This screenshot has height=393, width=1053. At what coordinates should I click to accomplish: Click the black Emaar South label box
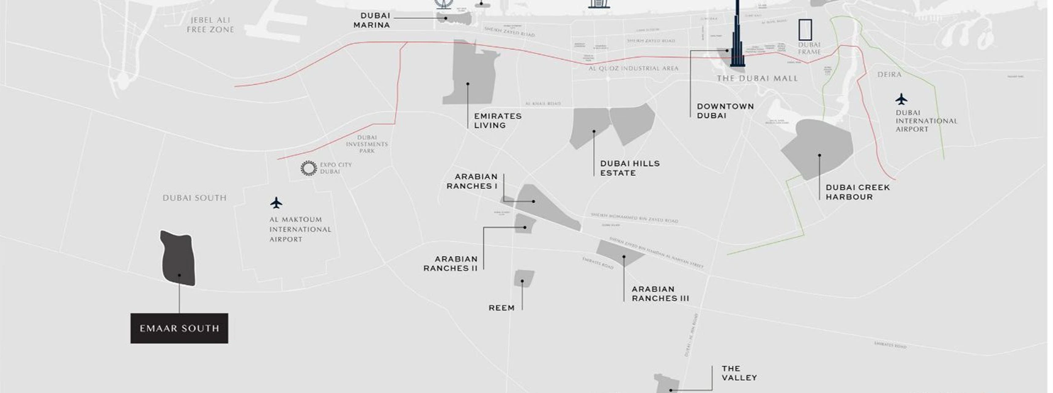point(179,328)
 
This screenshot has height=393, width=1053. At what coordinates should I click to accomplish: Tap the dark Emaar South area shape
point(178,258)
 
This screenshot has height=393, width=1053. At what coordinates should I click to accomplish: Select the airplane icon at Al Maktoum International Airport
point(276,202)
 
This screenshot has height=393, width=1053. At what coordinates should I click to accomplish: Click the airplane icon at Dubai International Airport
point(901,99)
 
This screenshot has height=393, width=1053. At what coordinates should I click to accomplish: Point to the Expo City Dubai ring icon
point(309,168)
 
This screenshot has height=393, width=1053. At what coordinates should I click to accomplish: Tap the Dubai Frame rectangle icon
point(805,29)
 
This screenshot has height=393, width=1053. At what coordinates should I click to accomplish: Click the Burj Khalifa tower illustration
point(737,37)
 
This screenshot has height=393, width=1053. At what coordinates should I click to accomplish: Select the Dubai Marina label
point(372,20)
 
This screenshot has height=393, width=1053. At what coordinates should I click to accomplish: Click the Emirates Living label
point(498,120)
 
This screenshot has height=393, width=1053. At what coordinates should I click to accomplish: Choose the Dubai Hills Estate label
point(630,168)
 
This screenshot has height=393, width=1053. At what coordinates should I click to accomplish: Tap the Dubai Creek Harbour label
point(857,192)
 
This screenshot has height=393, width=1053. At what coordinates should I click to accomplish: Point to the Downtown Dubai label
point(725,111)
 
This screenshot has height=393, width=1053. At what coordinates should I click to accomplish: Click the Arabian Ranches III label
point(660,293)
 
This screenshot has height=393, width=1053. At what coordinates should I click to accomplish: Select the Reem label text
point(501,308)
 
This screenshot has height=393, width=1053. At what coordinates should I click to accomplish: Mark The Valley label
point(739,373)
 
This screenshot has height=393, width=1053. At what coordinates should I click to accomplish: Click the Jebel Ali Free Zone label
point(210,24)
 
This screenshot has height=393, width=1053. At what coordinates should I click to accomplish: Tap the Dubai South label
point(194,198)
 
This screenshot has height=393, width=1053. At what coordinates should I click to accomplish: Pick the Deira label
point(889,75)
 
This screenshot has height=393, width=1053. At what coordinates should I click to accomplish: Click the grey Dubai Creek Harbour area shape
point(817,149)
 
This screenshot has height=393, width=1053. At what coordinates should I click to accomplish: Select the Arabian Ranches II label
point(451,263)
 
